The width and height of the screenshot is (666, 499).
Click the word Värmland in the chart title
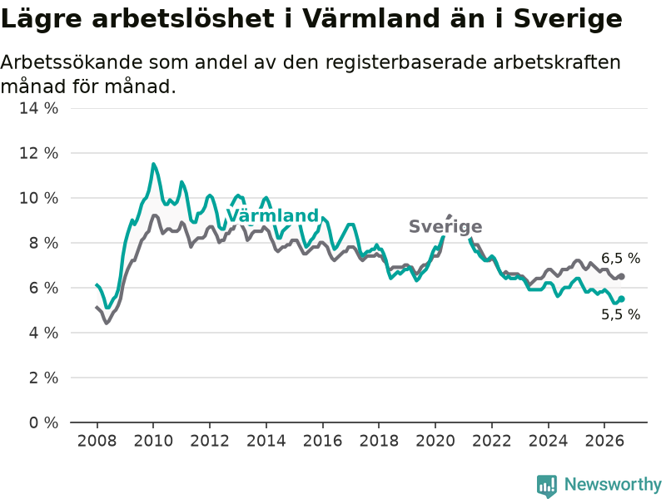point(370,18)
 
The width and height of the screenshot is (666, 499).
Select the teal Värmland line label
point(272,215)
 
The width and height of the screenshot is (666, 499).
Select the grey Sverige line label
point(445,226)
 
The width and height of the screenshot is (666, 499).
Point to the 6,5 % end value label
point(620,258)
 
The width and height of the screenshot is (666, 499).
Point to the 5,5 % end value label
point(620,314)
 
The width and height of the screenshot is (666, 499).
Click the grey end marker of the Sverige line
point(621,276)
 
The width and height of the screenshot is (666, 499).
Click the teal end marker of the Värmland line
point(621,299)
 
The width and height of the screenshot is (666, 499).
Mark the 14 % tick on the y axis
point(38,108)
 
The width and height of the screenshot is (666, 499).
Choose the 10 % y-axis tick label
point(38,198)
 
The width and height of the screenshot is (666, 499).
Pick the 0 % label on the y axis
point(44,422)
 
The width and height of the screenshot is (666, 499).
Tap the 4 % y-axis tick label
point(44,333)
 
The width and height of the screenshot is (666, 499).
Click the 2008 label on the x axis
point(97,441)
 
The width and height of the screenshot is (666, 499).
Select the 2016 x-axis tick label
point(322,441)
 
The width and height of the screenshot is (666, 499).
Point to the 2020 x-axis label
point(435,441)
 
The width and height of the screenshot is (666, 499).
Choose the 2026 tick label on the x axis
point(604,441)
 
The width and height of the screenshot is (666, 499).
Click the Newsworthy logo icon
point(547,486)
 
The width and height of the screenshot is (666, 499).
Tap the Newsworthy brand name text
point(613,484)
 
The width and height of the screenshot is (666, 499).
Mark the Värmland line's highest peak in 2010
point(153,164)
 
